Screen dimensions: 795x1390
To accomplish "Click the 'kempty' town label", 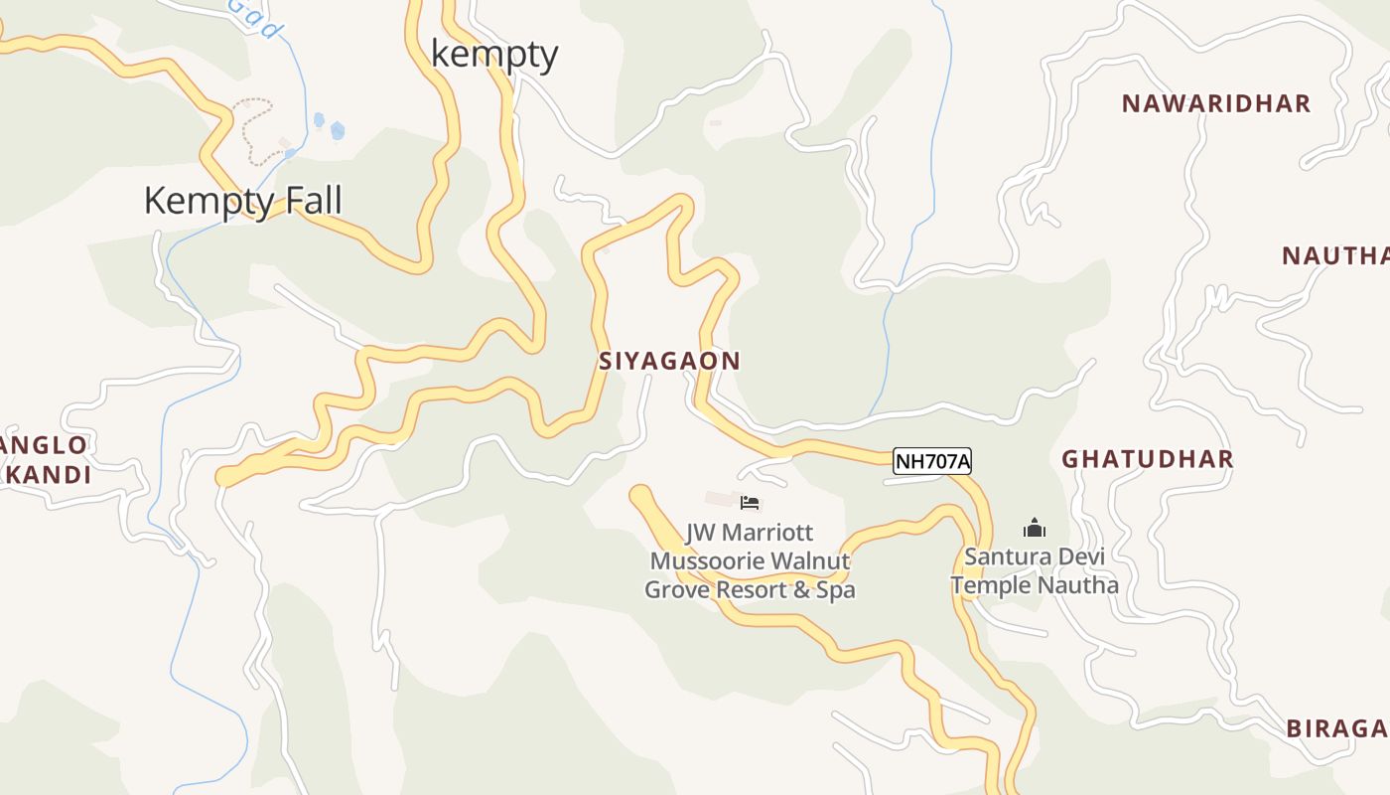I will point(494,55).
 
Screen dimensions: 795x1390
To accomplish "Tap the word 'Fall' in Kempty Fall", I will point(315,201).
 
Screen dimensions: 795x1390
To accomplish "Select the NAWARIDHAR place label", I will point(1216,103).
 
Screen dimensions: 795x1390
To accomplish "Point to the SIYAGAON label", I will point(669,362).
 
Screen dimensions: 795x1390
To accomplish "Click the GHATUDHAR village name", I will point(1147,459).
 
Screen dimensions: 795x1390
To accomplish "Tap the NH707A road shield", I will point(931,461).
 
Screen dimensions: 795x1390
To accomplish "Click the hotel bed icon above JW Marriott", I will point(750,503).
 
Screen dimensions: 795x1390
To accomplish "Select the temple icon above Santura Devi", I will point(1035,528).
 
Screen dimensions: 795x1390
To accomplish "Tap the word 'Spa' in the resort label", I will point(835,589).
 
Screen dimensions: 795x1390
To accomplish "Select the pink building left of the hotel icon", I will point(720,498).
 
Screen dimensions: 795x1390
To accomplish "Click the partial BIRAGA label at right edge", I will point(1336,728).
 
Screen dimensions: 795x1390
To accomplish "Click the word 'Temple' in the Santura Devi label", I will point(991,585).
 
